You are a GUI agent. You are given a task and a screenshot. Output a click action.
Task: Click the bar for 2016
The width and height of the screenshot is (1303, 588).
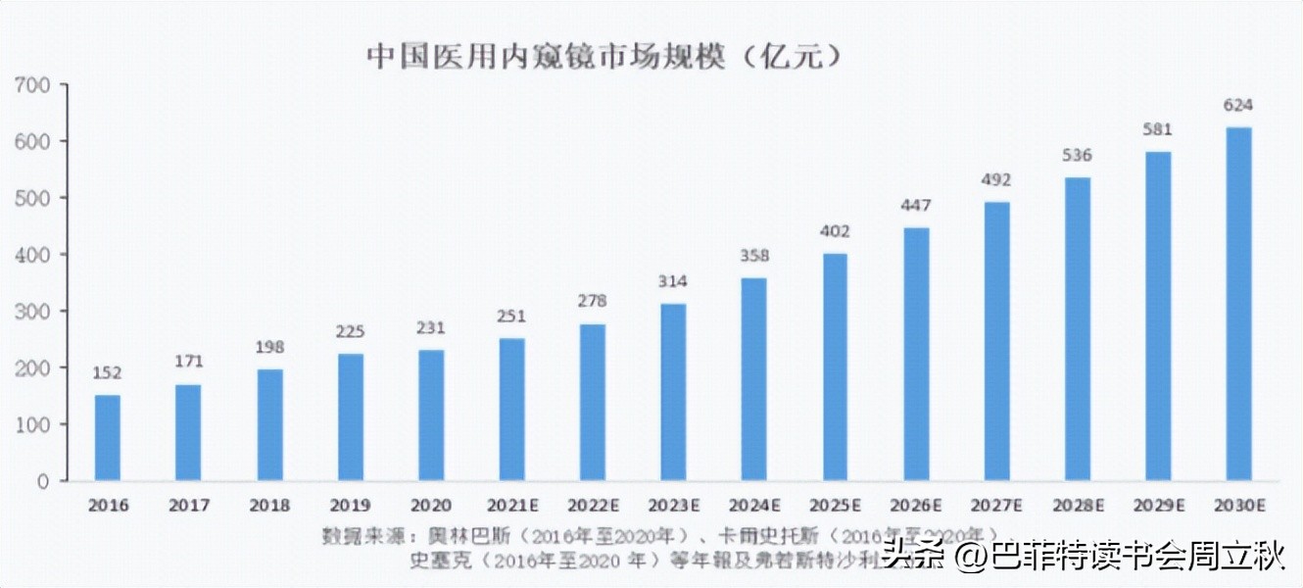click(108, 438)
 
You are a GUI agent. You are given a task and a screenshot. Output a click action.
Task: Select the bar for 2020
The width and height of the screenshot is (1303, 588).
click(431, 416)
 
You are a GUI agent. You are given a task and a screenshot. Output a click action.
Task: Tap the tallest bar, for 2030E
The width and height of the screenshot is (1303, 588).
click(1238, 304)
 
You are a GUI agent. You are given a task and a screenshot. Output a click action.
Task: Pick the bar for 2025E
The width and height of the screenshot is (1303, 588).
click(835, 367)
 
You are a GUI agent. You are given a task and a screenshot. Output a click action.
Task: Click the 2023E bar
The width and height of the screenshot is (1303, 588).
click(673, 392)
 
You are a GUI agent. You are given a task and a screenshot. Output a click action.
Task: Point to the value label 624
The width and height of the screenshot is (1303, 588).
click(1238, 105)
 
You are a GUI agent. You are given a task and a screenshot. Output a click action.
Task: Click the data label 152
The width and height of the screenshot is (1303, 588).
click(108, 372)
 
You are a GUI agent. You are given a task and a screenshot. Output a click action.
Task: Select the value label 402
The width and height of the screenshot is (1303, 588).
click(835, 231)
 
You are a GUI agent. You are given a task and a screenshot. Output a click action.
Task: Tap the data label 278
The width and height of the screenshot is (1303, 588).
click(593, 302)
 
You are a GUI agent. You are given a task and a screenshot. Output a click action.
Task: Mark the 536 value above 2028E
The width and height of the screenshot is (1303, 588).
click(1077, 155)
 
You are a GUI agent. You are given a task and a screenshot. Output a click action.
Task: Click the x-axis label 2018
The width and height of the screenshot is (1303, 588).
click(269, 506)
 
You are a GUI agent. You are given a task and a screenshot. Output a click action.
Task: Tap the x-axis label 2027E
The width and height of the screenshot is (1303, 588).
click(996, 506)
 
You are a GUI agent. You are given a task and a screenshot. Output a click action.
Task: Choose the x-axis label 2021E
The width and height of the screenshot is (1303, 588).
click(511, 506)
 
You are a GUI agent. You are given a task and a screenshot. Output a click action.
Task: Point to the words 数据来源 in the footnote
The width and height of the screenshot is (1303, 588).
click(358, 536)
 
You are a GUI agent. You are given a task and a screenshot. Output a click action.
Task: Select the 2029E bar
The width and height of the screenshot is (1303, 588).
click(1157, 316)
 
